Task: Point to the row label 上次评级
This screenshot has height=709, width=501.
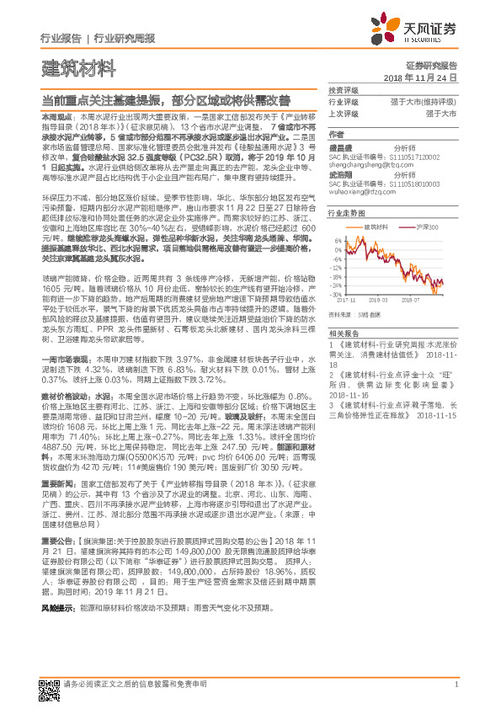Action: pos(344,112)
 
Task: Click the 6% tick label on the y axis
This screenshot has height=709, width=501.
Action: pos(339,240)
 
